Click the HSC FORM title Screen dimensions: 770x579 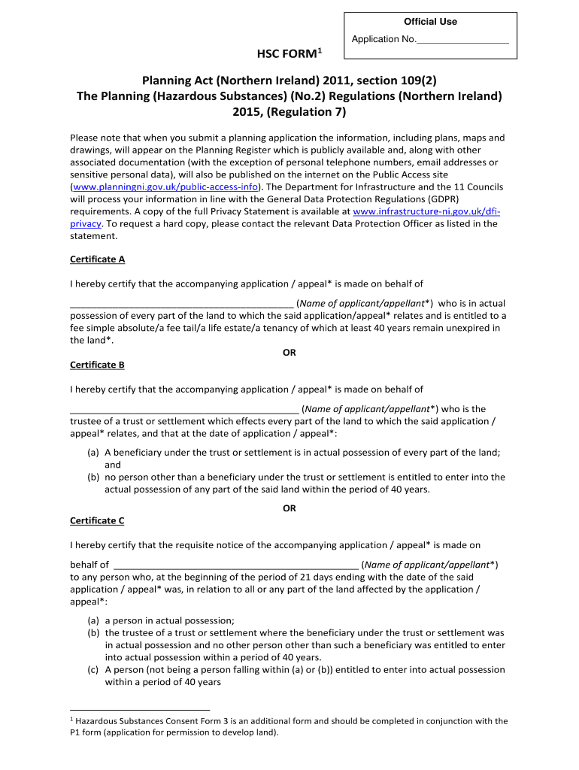pos(289,53)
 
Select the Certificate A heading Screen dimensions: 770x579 pos(97,259)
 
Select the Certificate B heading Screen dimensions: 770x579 pos(97,365)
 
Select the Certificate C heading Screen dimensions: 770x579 pos(97,520)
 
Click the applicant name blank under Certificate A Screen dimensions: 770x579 pos(181,304)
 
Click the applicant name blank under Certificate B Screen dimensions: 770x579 pos(184,409)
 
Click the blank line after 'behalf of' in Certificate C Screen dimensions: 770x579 pos(235,565)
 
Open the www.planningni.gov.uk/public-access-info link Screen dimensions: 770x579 pos(166,186)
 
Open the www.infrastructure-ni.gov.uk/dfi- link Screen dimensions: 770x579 pos(426,212)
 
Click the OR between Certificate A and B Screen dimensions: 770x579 pos(289,352)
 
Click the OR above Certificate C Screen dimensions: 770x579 pos(289,508)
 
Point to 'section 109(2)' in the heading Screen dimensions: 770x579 pos(395,80)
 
